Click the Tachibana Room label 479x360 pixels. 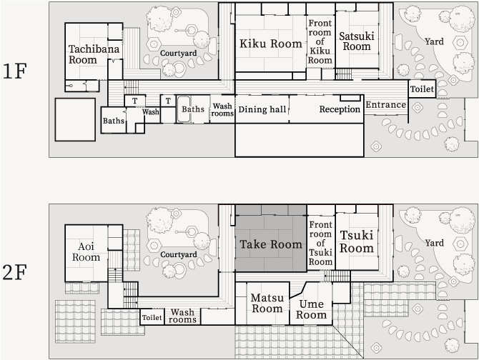[x=94, y=54]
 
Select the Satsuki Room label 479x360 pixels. [x=357, y=41]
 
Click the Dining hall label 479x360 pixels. [x=262, y=109]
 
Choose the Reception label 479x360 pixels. [x=340, y=109]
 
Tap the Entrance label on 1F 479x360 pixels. [x=386, y=105]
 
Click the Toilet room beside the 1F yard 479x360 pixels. [x=422, y=89]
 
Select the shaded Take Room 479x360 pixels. [x=271, y=244]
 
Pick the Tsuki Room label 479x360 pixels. [x=357, y=241]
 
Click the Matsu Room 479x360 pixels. [x=267, y=304]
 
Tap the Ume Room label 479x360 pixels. [x=311, y=309]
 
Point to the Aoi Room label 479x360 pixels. [x=86, y=251]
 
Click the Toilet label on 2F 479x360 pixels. [x=152, y=318]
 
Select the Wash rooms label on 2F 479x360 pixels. [x=182, y=316]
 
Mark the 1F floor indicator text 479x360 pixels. [x=15, y=71]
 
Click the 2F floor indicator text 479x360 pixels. [x=15, y=272]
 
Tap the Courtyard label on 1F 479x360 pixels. [x=179, y=53]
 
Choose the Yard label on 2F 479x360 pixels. [x=434, y=243]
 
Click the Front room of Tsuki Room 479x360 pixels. [x=320, y=243]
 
